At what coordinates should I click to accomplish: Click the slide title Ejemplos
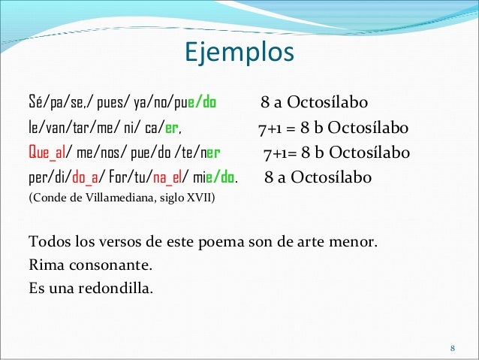[x=239, y=53]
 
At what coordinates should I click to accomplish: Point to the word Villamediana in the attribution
[x=113, y=198]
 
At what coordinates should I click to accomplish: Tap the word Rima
[x=43, y=265]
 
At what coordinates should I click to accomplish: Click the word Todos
[x=46, y=244]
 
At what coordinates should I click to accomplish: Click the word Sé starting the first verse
[x=35, y=103]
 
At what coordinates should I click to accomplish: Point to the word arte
[x=315, y=244]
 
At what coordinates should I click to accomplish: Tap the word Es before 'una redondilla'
[x=35, y=287]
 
